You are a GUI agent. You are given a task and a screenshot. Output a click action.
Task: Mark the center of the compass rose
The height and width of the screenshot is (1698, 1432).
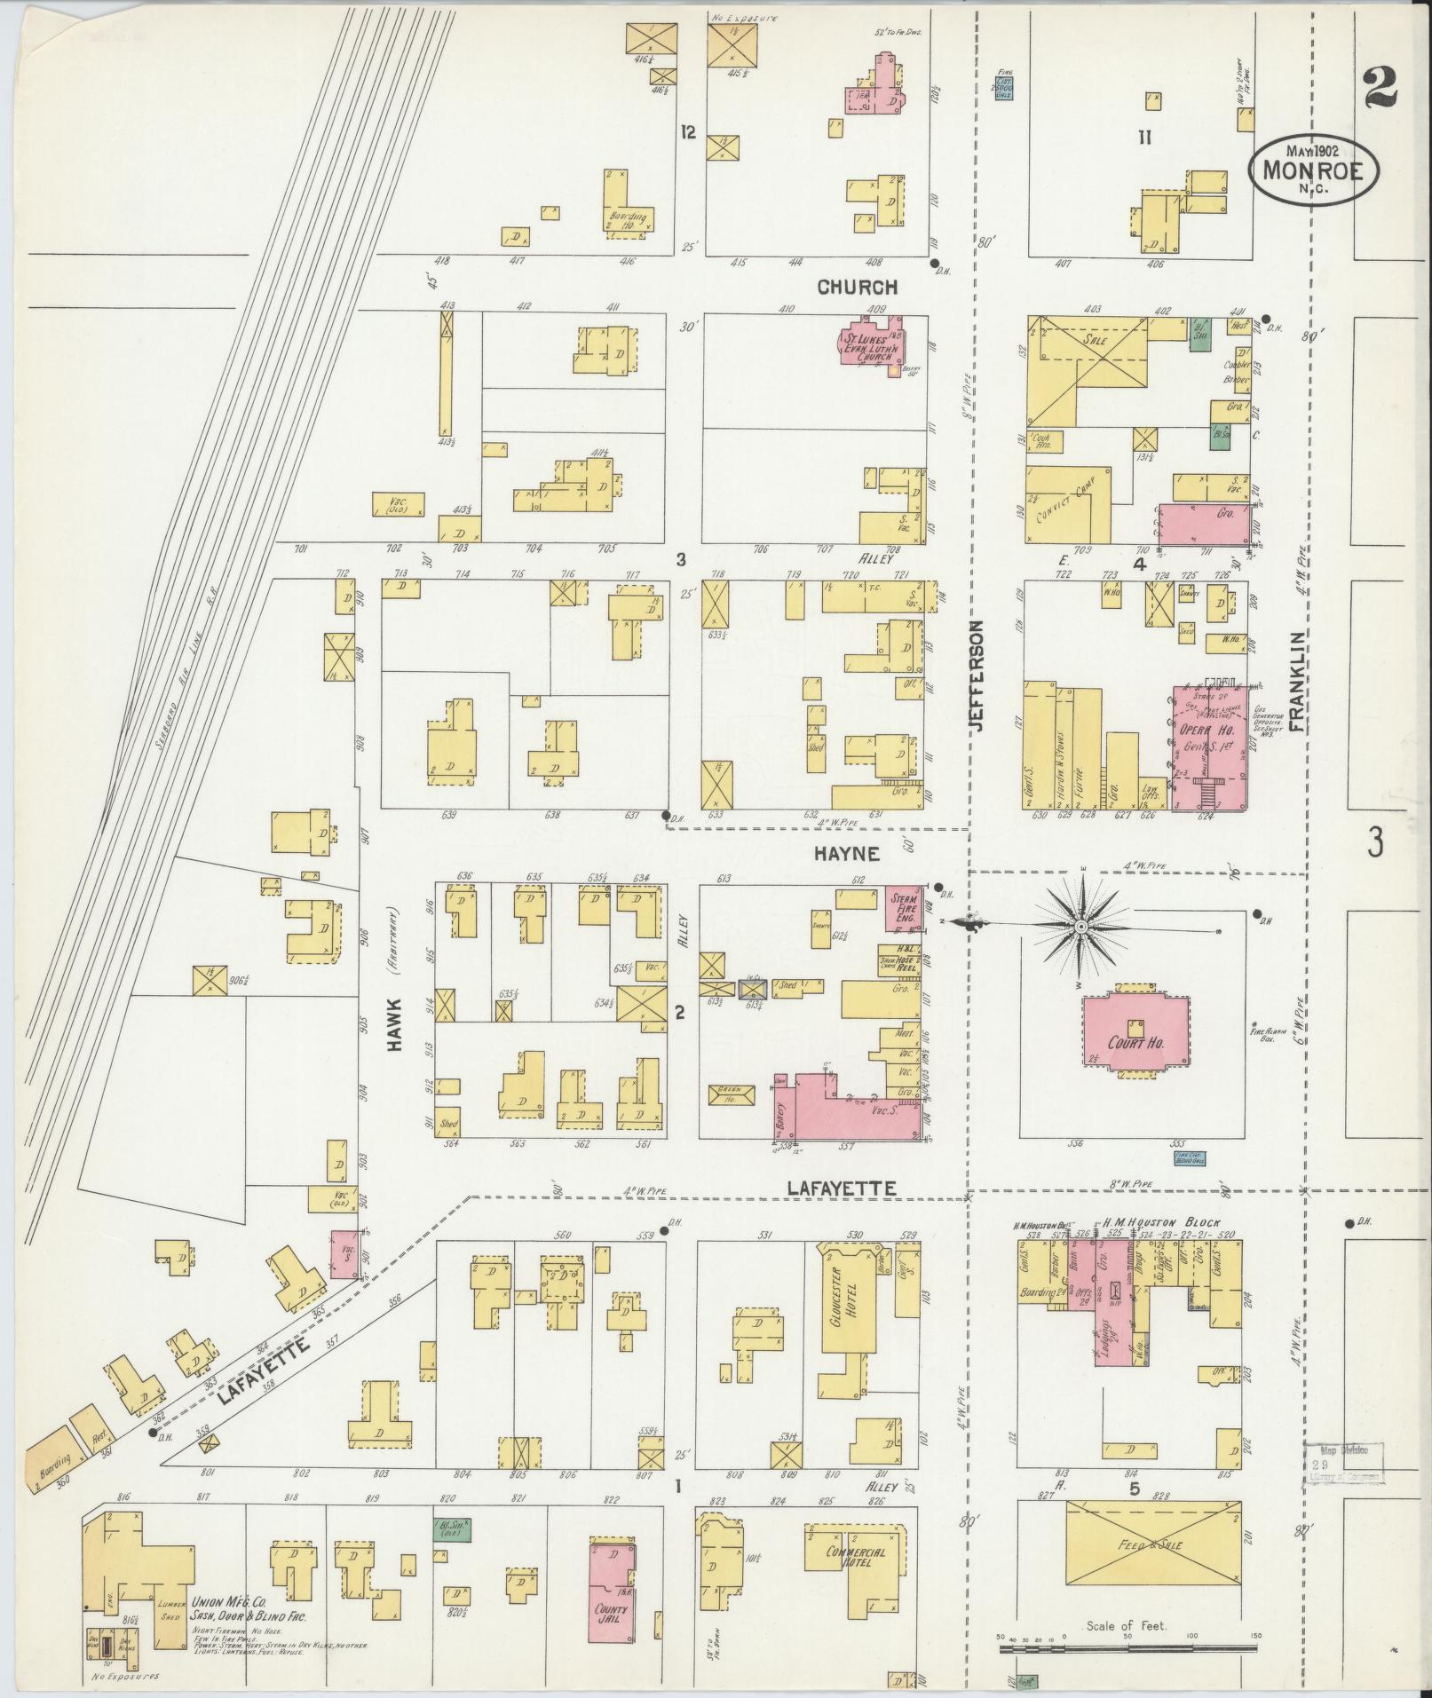point(1081,927)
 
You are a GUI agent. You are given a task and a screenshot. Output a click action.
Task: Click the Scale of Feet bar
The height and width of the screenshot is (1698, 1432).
point(1127,1648)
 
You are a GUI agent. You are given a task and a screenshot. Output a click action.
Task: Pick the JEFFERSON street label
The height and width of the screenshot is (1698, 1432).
point(977,676)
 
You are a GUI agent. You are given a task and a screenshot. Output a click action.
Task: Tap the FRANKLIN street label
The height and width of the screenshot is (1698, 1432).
point(1299,682)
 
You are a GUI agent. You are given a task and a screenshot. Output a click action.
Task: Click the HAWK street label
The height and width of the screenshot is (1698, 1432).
point(394,1025)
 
